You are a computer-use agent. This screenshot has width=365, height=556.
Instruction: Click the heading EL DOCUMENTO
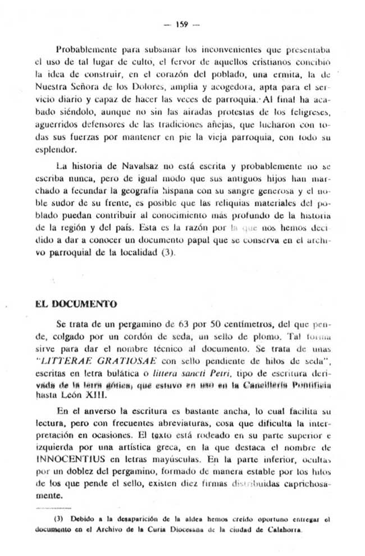(75, 304)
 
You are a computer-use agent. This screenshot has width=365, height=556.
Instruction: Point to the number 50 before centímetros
(195, 325)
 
